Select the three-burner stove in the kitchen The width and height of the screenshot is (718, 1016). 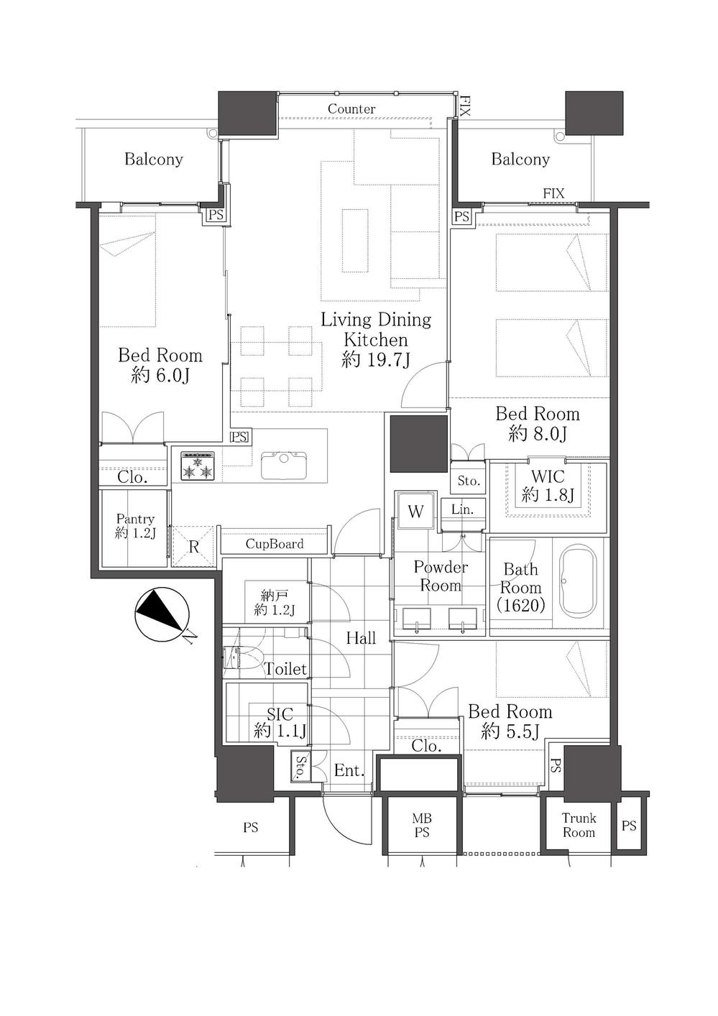coord(198,466)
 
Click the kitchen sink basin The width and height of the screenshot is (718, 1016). coord(284,465)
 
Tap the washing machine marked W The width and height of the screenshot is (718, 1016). coord(415,511)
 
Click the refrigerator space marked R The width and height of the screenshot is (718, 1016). coord(193,546)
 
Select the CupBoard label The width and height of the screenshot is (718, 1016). coord(275,543)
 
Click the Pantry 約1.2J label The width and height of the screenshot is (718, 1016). coord(135,525)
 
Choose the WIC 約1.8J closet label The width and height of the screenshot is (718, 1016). coord(548,485)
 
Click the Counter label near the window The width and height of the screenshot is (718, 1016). coord(351,109)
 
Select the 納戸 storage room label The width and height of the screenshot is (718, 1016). coord(275,603)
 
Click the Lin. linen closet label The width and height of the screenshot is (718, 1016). coord(463,509)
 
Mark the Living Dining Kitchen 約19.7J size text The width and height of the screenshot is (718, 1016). coord(376,360)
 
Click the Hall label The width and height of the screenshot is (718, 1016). coord(361,638)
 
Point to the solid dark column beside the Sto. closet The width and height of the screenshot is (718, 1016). coord(418,444)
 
